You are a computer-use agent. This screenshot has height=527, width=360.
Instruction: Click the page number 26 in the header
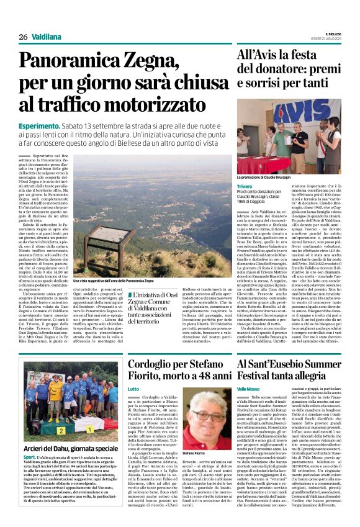tap(24, 37)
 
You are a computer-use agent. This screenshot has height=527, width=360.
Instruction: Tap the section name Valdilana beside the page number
tap(47, 37)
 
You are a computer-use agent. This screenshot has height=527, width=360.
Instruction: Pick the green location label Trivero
tap(245, 186)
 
